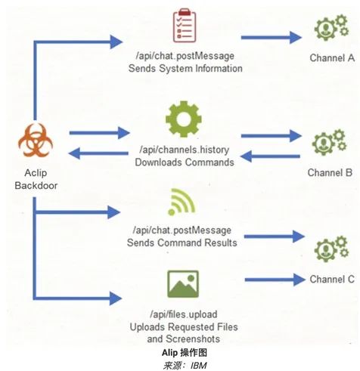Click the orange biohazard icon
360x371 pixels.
36,140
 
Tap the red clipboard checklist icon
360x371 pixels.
185,26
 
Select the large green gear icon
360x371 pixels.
184,119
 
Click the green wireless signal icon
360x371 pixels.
182,202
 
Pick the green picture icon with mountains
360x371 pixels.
183,284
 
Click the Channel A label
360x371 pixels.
332,58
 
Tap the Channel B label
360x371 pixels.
330,173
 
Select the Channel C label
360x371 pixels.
332,279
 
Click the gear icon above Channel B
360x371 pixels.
329,142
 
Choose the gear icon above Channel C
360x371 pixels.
331,249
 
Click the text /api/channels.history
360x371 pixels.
185,150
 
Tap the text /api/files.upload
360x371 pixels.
184,314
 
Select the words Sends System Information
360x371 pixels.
185,68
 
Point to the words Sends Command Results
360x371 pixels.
182,243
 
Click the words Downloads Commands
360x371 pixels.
185,162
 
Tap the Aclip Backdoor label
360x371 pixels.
36,179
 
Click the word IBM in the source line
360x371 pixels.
198,366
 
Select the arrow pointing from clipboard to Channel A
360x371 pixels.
271,38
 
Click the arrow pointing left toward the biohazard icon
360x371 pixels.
98,153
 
